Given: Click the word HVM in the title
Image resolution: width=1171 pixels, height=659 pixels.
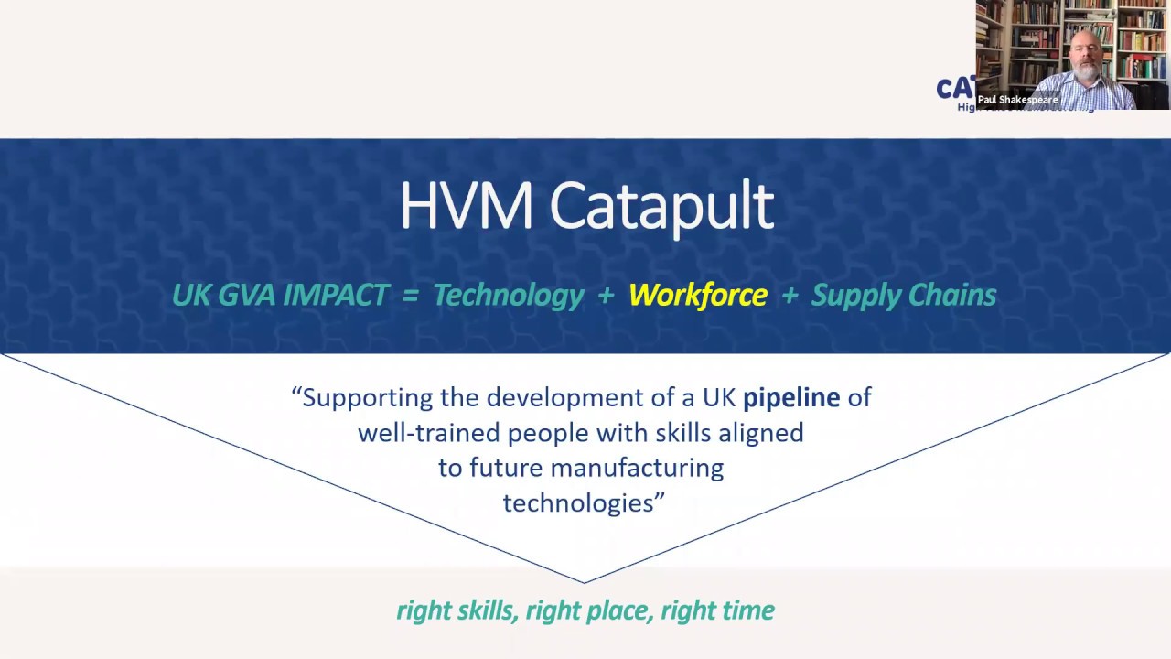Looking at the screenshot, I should pyautogui.click(x=466, y=206).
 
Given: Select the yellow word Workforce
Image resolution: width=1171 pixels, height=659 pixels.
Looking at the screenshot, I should pyautogui.click(x=697, y=295).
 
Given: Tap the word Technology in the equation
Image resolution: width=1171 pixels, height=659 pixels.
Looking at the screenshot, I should pyautogui.click(x=508, y=295).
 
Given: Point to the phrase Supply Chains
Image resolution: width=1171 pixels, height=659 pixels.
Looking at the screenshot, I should pyautogui.click(x=903, y=295).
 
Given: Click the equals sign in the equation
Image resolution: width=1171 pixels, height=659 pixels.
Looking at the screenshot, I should pyautogui.click(x=411, y=296).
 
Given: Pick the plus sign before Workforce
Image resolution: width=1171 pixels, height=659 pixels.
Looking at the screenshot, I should pyautogui.click(x=606, y=296).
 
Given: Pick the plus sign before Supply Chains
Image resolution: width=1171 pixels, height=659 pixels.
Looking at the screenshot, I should pyautogui.click(x=789, y=296).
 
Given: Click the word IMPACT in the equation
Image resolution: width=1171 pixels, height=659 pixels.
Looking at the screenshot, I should pyautogui.click(x=336, y=295).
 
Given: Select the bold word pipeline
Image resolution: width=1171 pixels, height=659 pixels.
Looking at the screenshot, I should pyautogui.click(x=790, y=397).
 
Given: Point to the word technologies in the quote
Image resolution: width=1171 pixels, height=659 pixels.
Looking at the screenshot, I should pyautogui.click(x=578, y=502).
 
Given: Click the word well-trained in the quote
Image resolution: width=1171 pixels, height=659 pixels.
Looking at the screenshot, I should pyautogui.click(x=425, y=432).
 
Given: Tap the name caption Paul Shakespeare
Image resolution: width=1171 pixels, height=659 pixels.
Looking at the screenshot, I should pyautogui.click(x=1017, y=100).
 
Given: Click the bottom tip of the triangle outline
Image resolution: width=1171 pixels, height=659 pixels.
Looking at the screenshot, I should pyautogui.click(x=585, y=582).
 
